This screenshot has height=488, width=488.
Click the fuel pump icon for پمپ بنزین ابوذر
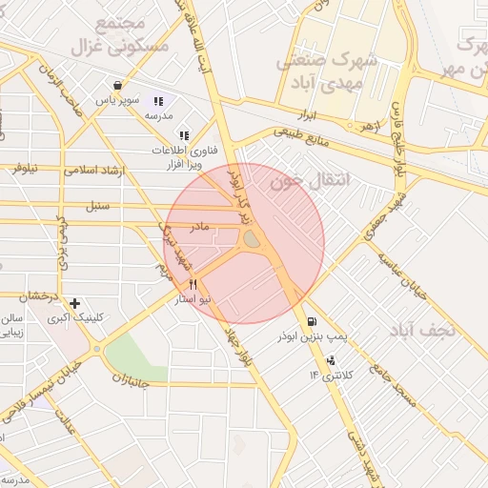[313, 322]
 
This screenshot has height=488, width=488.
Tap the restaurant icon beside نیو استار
[193, 284]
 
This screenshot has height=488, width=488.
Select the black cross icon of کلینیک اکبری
[74, 303]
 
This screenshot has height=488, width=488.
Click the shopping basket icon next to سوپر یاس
[116, 84]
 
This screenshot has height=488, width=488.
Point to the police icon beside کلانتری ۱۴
[330, 360]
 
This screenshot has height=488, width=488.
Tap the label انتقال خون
[311, 178]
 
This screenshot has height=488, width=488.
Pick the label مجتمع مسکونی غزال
[120, 33]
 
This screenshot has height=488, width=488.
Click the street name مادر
[199, 228]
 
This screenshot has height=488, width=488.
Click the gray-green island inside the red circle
[252, 239]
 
